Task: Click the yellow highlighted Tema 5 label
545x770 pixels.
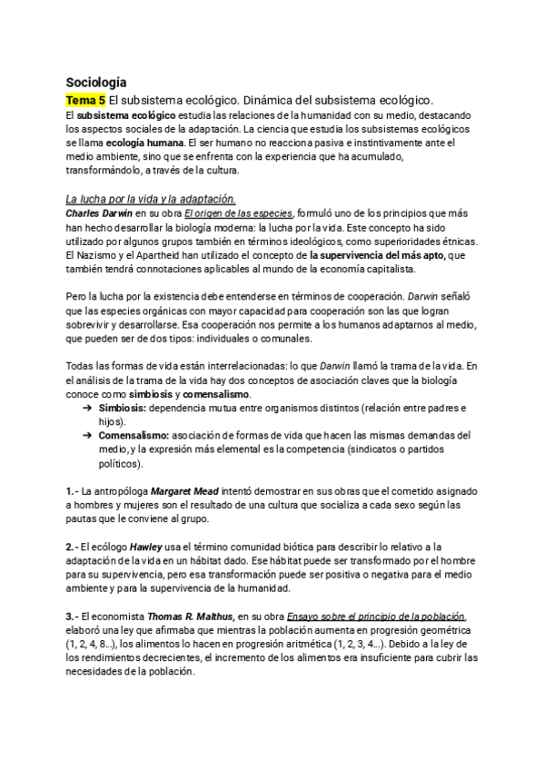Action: coord(85,99)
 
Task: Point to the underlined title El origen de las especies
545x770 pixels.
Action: coord(233,213)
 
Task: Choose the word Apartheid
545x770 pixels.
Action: coord(157,256)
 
